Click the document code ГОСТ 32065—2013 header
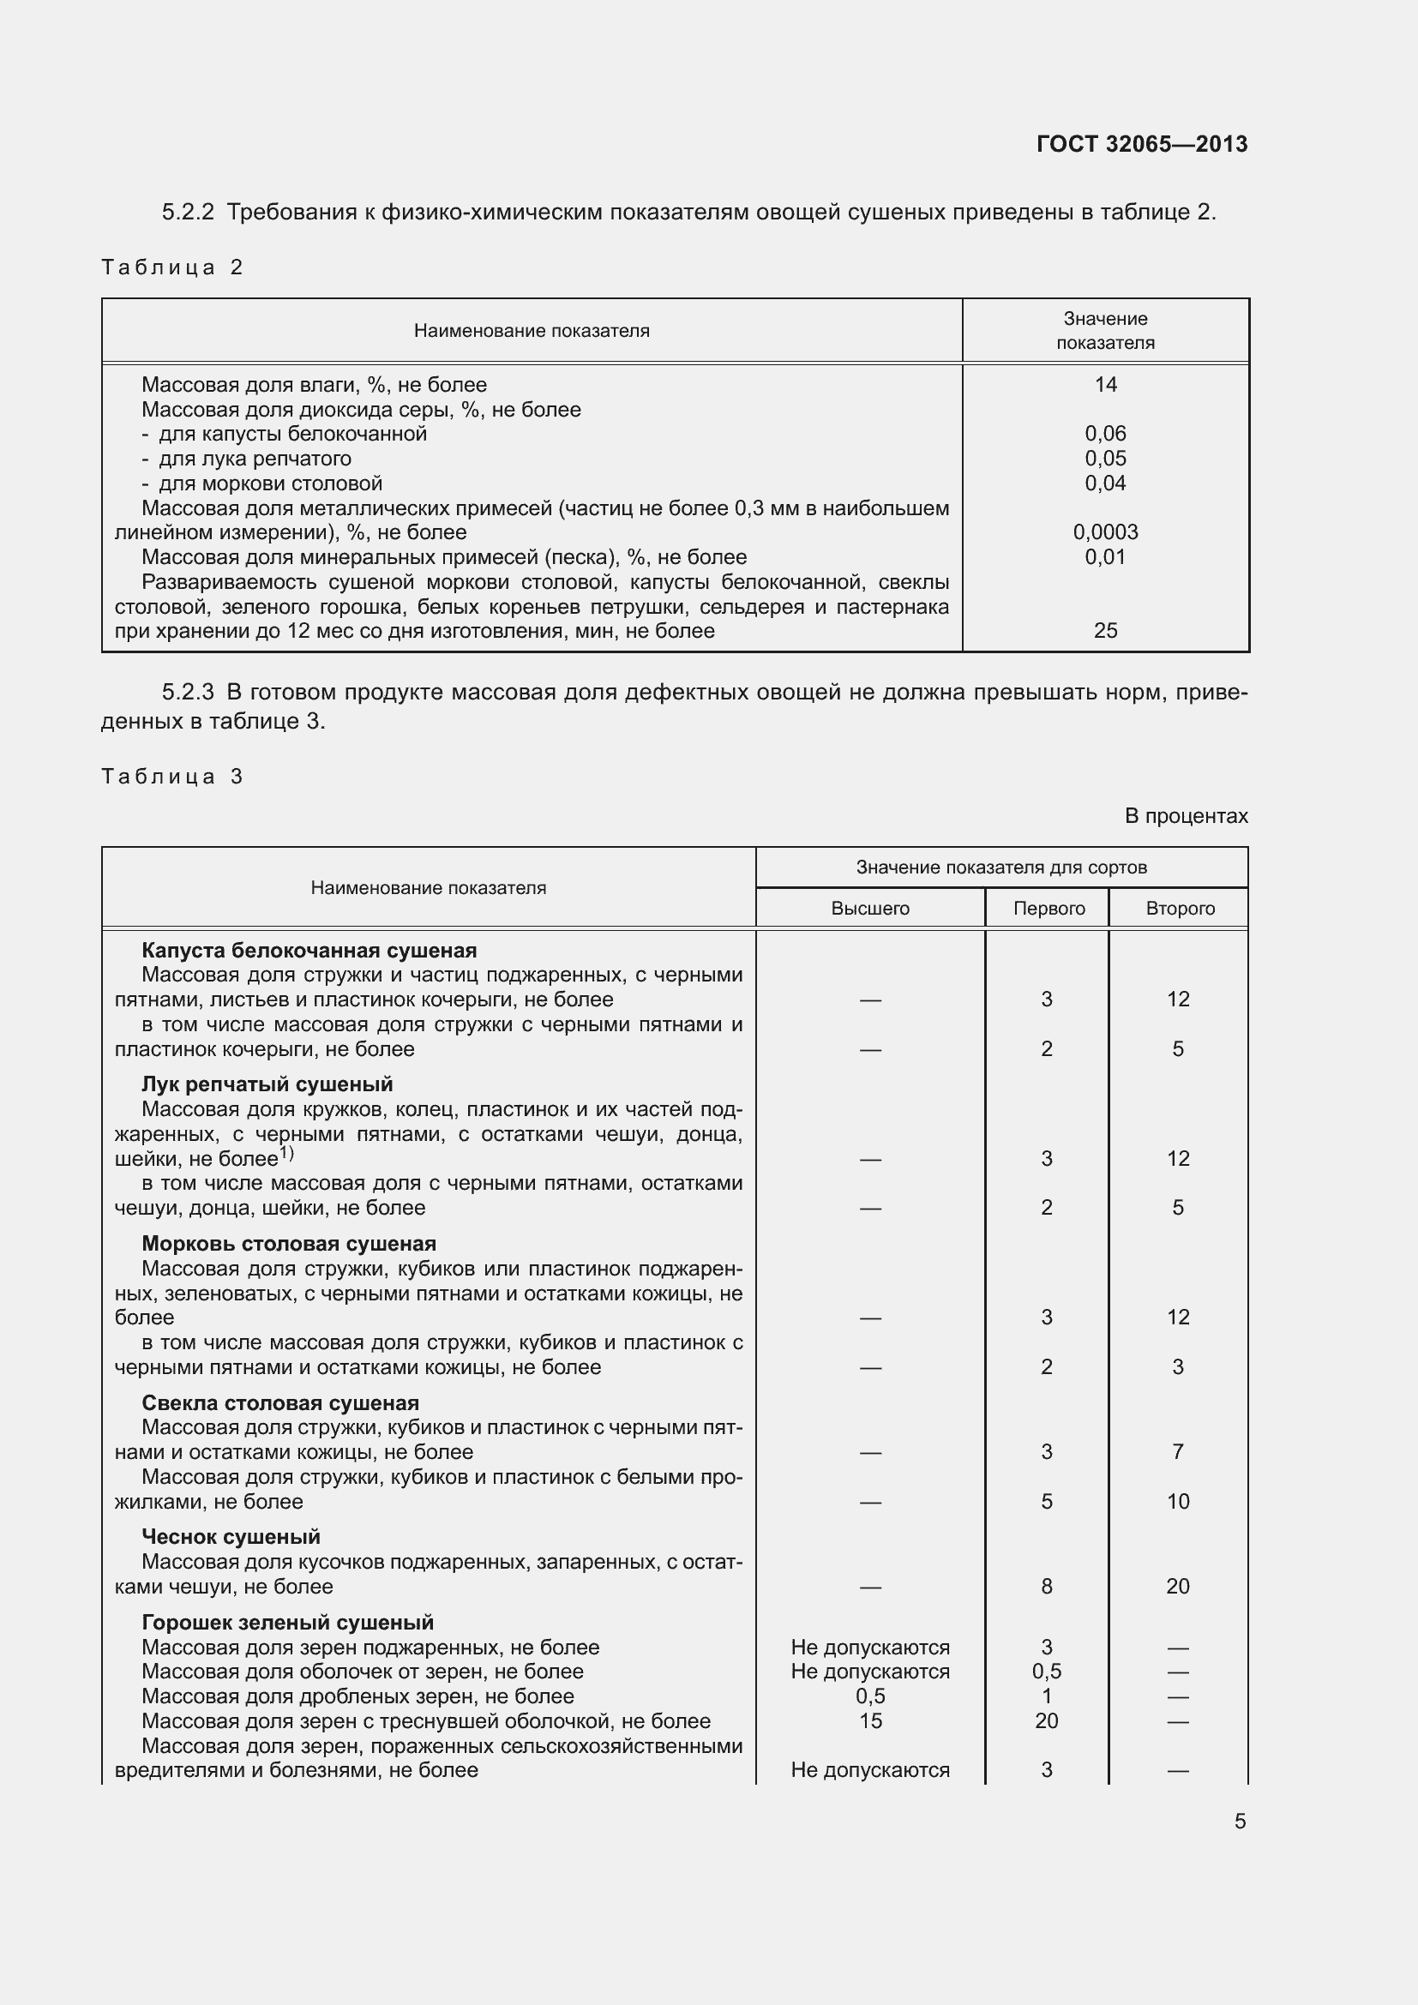tap(1141, 144)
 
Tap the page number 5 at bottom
tap(1239, 1822)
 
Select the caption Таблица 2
tap(172, 267)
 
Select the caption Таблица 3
tap(172, 777)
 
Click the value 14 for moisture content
tap(1104, 384)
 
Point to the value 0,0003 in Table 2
tap(1104, 531)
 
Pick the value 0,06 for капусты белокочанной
tap(1104, 433)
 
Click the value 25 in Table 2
tap(1104, 631)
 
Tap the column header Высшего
tap(869, 908)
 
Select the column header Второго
tap(1180, 908)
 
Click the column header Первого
tap(1048, 908)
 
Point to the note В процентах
tap(1185, 815)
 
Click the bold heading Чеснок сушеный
tap(231, 1536)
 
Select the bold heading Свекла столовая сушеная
tap(280, 1402)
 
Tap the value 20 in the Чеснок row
tap(1177, 1586)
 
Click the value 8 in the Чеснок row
tap(1046, 1586)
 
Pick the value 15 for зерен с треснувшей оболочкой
tap(869, 1720)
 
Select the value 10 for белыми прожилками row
tap(1178, 1501)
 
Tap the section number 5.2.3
tap(188, 693)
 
